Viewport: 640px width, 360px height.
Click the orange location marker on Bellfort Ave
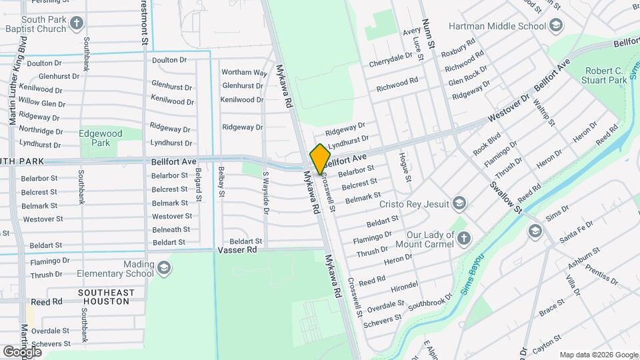[x=320, y=159]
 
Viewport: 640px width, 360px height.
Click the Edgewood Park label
[x=101, y=138]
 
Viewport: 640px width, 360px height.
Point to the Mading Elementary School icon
[x=163, y=269]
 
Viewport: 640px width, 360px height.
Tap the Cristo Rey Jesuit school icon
[x=459, y=203]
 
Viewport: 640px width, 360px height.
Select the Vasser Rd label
[x=237, y=250]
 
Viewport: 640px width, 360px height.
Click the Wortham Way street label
[x=244, y=72]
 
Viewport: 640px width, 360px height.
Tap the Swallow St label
[x=507, y=197]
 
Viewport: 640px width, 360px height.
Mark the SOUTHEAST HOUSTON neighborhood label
[x=106, y=297]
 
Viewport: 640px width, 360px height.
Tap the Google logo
[x=22, y=351]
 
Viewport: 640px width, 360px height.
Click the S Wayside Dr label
[x=265, y=193]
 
